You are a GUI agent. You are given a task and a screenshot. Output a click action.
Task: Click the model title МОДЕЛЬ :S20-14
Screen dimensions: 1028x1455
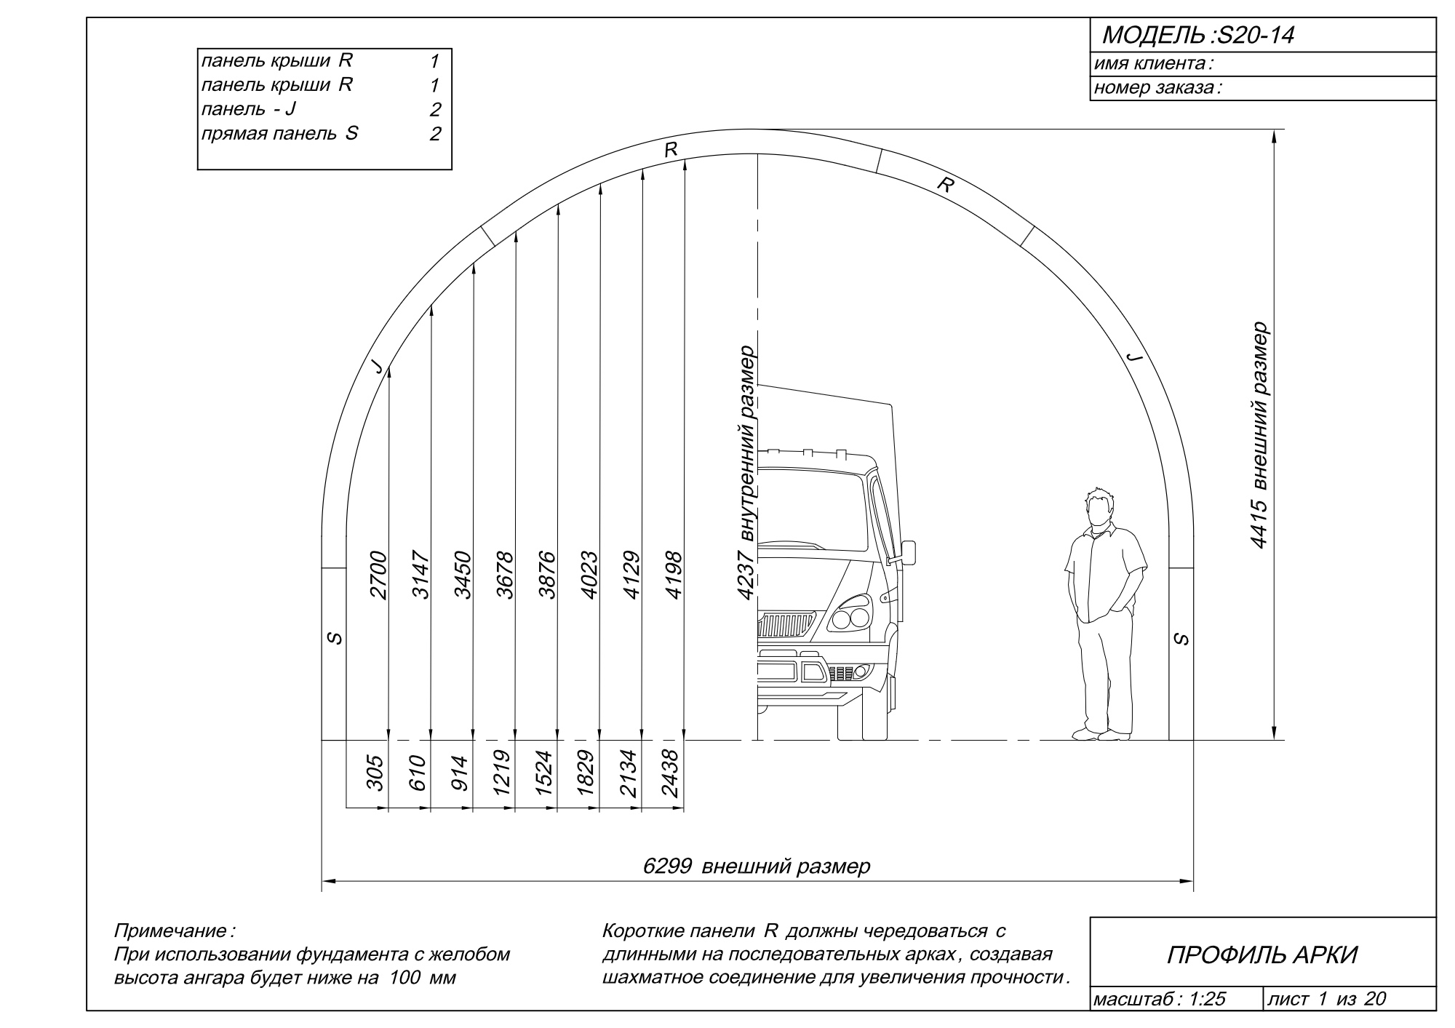pyautogui.click(x=1198, y=35)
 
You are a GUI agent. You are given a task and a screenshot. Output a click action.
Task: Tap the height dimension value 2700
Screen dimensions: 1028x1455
pyautogui.click(x=379, y=575)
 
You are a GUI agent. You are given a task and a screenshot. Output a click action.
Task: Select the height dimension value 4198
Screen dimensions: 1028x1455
pyautogui.click(x=674, y=575)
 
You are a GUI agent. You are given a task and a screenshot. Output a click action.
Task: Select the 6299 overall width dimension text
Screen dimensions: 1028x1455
pyautogui.click(x=757, y=866)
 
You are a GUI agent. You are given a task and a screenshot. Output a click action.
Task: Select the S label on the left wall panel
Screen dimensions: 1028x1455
pyautogui.click(x=334, y=638)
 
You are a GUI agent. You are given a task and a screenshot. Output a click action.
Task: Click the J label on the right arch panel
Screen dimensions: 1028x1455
pyautogui.click(x=1133, y=356)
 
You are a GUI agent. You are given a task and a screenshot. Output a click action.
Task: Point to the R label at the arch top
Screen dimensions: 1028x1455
pyautogui.click(x=671, y=150)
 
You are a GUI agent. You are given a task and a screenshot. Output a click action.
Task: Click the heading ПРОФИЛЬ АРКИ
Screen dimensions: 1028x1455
pyautogui.click(x=1262, y=955)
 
